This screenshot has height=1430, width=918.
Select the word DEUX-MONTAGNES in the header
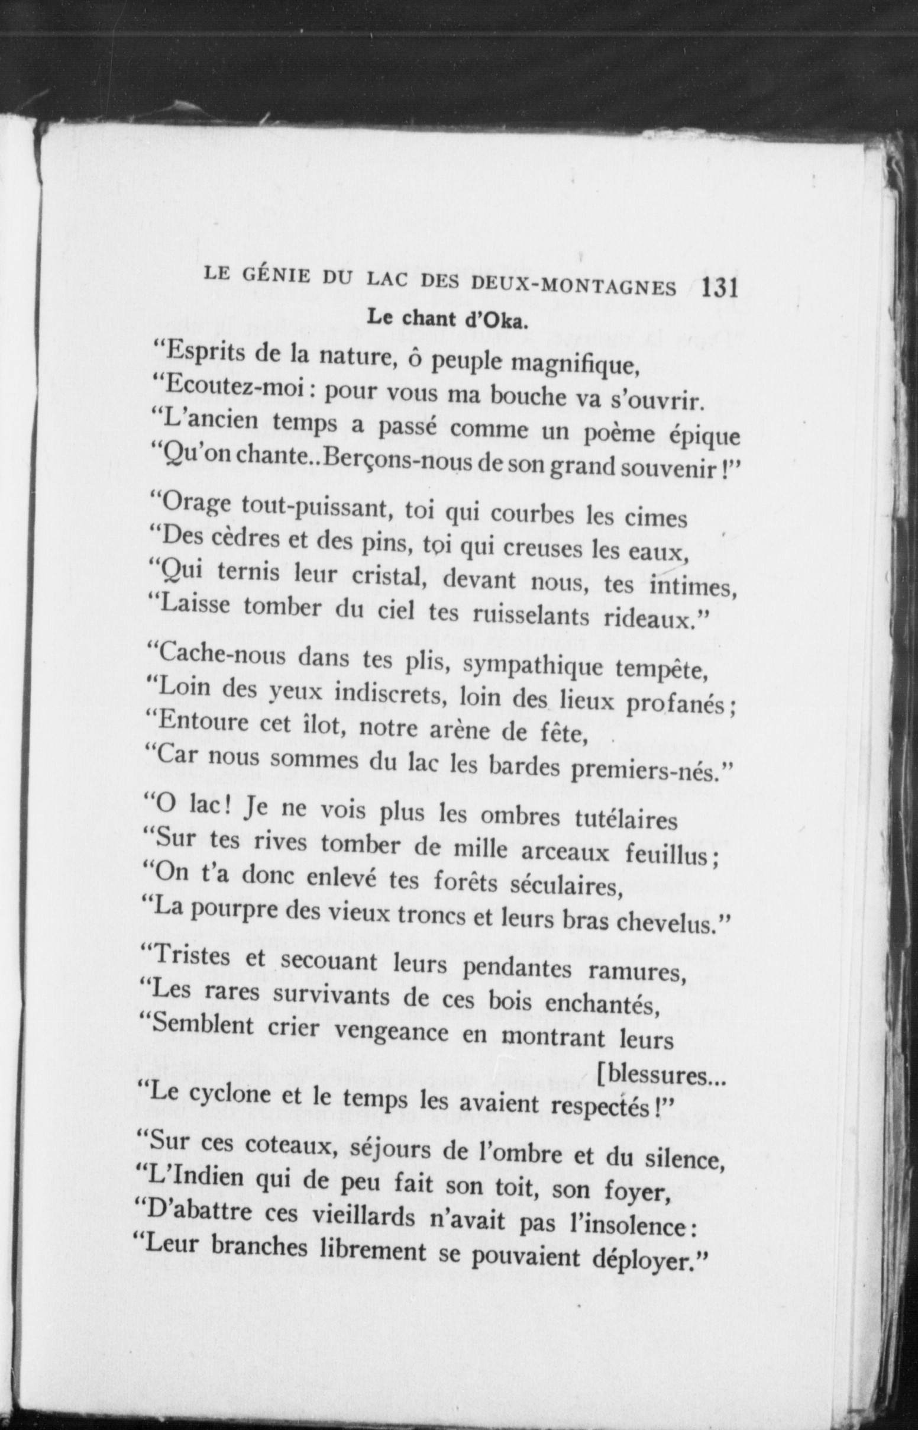coord(573,286)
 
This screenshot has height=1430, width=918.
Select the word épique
coord(703,436)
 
